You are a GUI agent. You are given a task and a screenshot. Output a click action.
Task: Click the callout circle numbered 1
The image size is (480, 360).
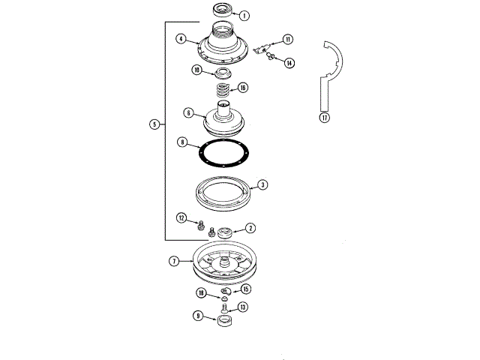click(244, 15)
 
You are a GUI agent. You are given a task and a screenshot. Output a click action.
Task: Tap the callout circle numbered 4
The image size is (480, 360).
click(181, 38)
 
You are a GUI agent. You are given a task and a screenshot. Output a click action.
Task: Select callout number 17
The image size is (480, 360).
click(324, 118)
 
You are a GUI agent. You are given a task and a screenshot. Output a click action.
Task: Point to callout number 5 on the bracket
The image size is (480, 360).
click(154, 124)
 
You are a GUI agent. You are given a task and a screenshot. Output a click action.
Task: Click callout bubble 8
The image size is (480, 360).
click(181, 142)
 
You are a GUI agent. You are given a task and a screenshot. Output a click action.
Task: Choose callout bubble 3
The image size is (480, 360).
click(262, 184)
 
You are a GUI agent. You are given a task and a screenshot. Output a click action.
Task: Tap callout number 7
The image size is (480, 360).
click(173, 261)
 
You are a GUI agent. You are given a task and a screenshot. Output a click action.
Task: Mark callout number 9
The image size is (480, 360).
click(197, 316)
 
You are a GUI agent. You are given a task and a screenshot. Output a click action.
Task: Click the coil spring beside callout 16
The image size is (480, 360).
click(222, 91)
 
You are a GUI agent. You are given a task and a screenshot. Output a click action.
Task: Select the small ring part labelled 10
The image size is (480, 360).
click(223, 73)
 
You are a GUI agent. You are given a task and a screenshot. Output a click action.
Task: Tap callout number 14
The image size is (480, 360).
click(289, 63)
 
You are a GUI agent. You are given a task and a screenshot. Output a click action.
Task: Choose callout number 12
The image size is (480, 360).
click(181, 217)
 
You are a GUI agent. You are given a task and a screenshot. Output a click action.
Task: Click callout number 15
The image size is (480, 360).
click(246, 289)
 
